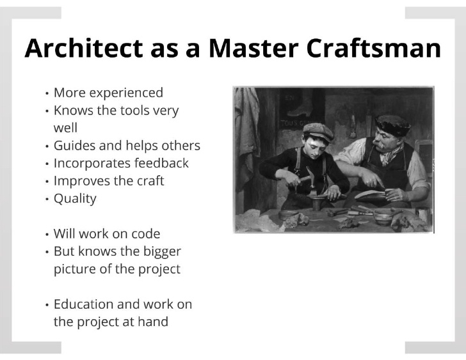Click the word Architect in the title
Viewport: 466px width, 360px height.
pyautogui.click(x=84, y=48)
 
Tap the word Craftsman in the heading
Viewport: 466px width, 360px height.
pyautogui.click(x=373, y=48)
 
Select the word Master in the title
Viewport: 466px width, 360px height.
pyautogui.click(x=253, y=48)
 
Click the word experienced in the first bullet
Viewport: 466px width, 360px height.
pyautogui.click(x=126, y=93)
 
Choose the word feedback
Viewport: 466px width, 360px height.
pyautogui.click(x=161, y=163)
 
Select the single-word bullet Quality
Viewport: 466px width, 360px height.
pyautogui.click(x=75, y=199)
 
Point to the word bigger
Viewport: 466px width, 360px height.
pyautogui.click(x=162, y=253)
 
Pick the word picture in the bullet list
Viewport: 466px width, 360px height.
pyautogui.click(x=75, y=270)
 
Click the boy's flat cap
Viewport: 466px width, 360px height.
pyautogui.click(x=319, y=132)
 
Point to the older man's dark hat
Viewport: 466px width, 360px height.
pyautogui.click(x=392, y=125)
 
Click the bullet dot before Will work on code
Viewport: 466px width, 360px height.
pyautogui.click(x=47, y=235)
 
